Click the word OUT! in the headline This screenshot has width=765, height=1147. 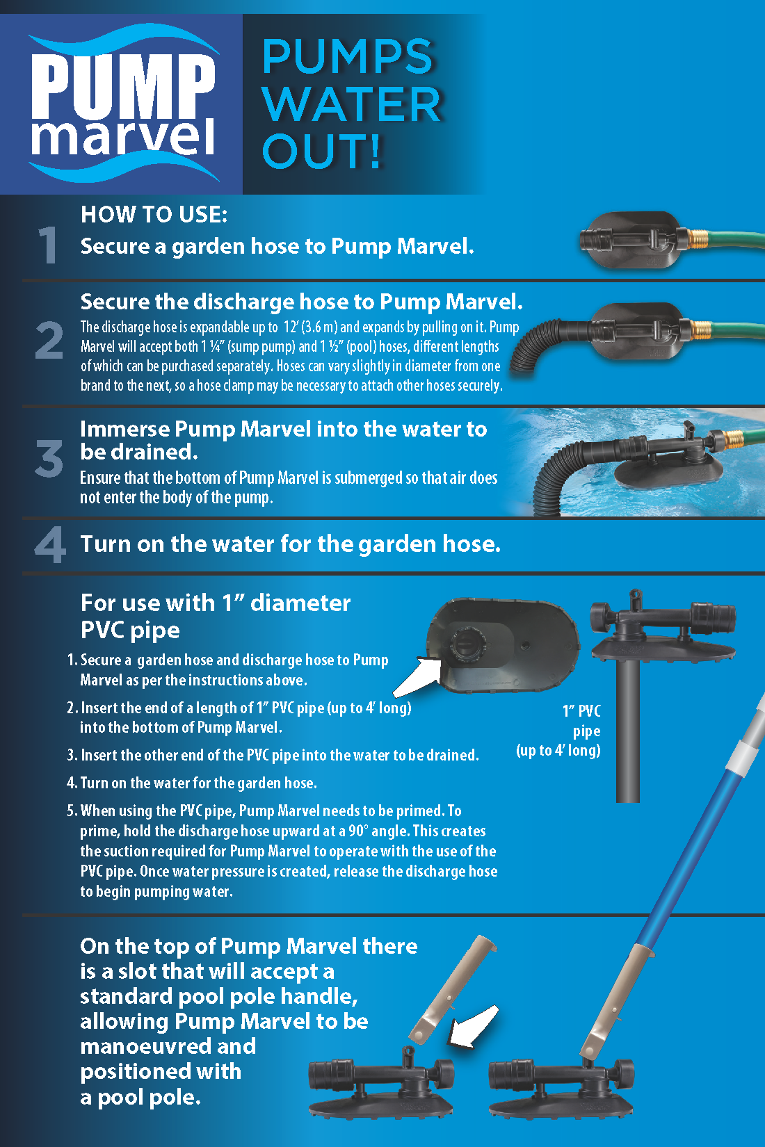pos(322,151)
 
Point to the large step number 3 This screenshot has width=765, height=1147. pos(49,458)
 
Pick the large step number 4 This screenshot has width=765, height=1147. pos(50,544)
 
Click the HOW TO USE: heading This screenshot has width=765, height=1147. pos(154,215)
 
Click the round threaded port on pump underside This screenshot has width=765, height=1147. pos(465,642)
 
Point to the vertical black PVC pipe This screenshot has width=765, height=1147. pos(628,731)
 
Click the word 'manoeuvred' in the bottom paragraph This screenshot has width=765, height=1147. pos(168,1046)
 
